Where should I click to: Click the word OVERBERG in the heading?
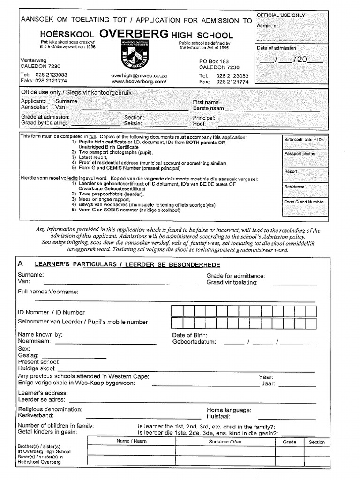click(134, 34)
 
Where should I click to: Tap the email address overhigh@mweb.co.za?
click(139, 75)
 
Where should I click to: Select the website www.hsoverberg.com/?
click(139, 82)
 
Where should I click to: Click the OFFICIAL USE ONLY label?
click(281, 15)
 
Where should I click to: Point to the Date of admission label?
click(277, 48)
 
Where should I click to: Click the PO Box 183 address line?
click(214, 61)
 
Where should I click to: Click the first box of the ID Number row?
click(177, 311)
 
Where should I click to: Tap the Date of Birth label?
click(188, 335)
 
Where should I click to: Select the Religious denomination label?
click(50, 409)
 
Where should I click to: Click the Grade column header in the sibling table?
click(289, 442)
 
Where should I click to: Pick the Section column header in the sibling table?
click(316, 442)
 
